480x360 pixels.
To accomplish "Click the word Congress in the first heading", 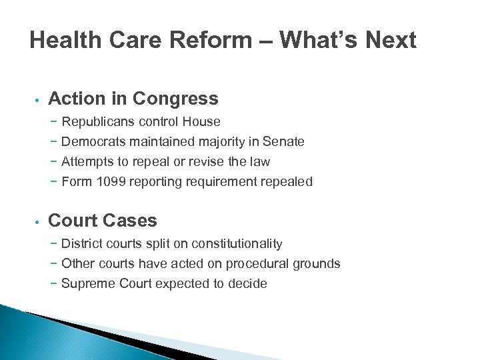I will click(x=175, y=99).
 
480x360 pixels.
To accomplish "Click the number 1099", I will click(x=108, y=181).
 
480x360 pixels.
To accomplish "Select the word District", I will click(x=81, y=243).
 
